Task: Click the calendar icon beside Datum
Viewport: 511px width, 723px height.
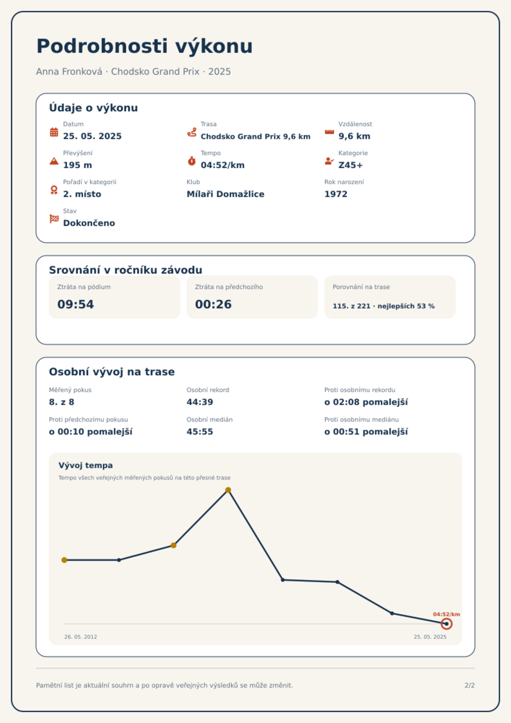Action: tap(54, 132)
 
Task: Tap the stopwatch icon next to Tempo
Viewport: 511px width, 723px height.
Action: tap(192, 161)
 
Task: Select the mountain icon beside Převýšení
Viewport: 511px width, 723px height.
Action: tap(54, 161)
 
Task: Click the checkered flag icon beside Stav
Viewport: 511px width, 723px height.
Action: tap(54, 219)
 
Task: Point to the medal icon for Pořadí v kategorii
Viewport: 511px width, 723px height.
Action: tap(54, 190)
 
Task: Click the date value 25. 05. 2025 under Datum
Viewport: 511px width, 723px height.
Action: tap(92, 136)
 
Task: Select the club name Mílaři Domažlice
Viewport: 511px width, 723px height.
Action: tap(225, 194)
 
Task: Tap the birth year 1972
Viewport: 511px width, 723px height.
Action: tap(336, 194)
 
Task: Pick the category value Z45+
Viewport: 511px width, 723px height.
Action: tap(350, 165)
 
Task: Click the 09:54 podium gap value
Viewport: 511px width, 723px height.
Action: tap(76, 304)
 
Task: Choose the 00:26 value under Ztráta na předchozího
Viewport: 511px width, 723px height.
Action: tap(213, 304)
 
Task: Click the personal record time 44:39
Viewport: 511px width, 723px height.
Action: tap(200, 402)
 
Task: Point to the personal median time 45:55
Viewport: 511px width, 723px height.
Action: tap(200, 432)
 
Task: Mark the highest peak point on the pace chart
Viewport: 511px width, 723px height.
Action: tap(228, 490)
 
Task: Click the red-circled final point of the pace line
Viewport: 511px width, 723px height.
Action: tap(446, 624)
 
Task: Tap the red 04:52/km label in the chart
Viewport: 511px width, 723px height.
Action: tap(446, 614)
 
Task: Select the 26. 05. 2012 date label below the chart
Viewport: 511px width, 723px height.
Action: tap(80, 637)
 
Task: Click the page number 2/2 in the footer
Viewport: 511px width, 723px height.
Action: tap(469, 685)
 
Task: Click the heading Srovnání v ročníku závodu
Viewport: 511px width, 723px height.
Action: tap(125, 270)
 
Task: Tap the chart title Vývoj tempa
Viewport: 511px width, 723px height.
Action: tap(86, 465)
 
